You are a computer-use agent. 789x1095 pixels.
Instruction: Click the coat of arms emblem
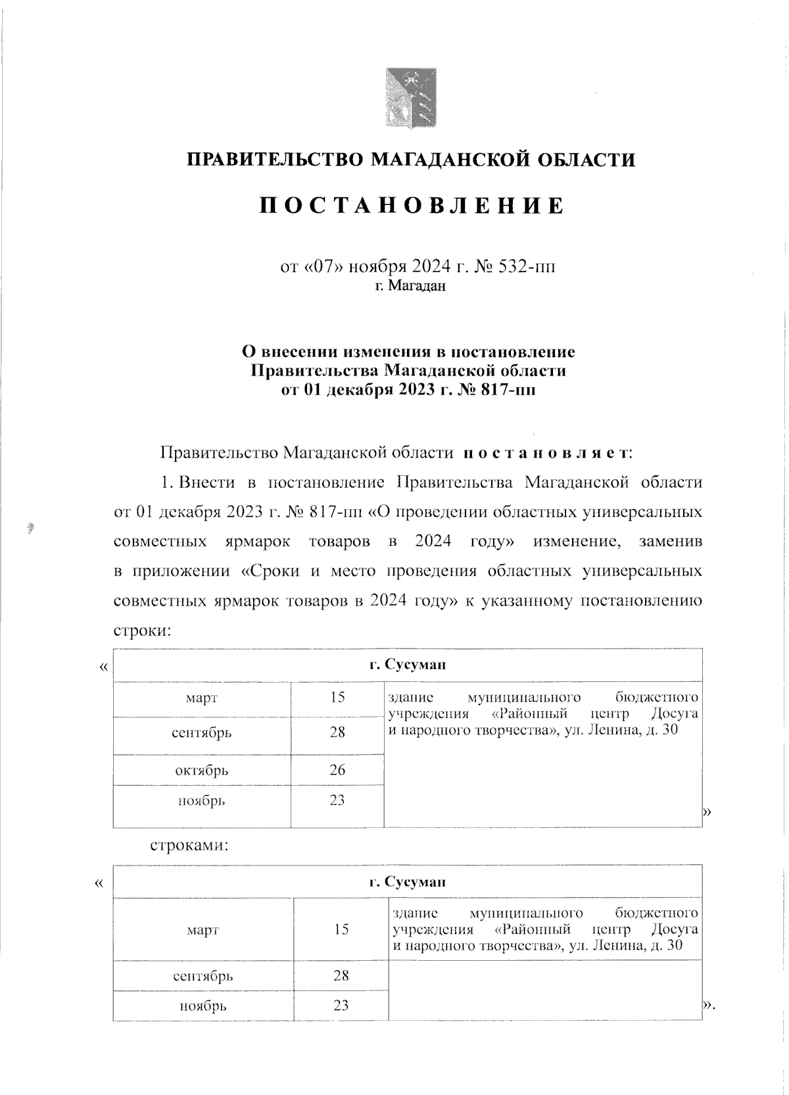coord(410,99)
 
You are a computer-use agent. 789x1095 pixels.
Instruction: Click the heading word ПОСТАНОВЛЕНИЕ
coord(412,206)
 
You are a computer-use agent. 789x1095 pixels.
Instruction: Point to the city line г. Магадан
coord(410,286)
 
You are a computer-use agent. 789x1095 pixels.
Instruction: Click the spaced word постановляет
coord(547,453)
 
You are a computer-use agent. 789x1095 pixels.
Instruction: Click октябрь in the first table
coord(201,769)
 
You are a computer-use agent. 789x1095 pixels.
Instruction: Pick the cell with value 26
coord(337,769)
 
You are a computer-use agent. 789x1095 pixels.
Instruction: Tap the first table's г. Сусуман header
coord(407,664)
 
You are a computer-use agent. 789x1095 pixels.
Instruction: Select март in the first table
coord(201,698)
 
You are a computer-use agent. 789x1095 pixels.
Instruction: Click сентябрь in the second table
coord(203,976)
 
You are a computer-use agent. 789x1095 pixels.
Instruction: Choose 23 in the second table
coord(341,1006)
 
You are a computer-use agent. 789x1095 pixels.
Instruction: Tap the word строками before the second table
coord(189,845)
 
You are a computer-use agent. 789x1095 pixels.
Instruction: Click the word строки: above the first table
coord(143,630)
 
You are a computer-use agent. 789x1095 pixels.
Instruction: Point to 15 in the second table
coord(341,929)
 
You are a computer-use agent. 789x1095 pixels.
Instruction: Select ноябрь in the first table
coord(201,800)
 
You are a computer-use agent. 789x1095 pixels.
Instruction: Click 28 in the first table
coord(337,732)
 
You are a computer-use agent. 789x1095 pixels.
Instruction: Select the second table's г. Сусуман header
coord(407,881)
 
